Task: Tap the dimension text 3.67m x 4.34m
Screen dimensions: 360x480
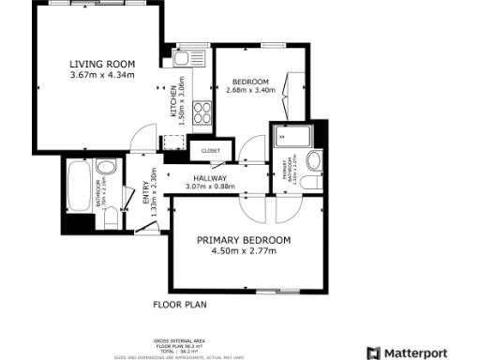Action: coord(102,75)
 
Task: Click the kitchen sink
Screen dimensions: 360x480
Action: coord(195,57)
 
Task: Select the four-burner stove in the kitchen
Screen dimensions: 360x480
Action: coord(202,112)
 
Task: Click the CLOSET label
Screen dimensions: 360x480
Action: coord(211,148)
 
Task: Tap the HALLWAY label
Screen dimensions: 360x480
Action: coord(211,178)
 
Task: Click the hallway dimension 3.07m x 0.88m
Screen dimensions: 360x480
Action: coord(211,187)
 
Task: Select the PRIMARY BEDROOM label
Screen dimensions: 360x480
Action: coord(244,240)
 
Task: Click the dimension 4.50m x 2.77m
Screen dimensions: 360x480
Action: coord(244,251)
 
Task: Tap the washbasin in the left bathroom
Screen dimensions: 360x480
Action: coord(107,169)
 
